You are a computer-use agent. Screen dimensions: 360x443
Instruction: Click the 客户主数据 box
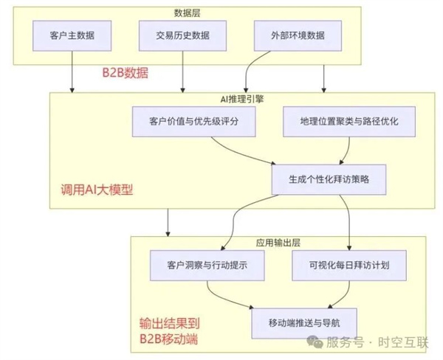[x=71, y=35]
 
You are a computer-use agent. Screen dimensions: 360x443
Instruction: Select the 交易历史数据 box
[x=182, y=35]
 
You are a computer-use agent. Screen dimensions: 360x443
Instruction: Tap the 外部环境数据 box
[x=295, y=35]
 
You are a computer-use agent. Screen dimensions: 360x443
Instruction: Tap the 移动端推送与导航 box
[x=304, y=320]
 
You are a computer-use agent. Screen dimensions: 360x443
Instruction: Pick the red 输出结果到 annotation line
[x=170, y=323]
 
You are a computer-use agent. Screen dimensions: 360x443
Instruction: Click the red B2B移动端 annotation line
[x=170, y=339]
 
